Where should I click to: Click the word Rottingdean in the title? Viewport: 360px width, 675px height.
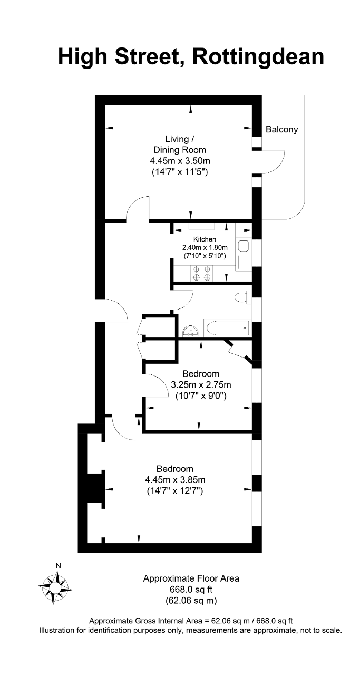[x=258, y=57]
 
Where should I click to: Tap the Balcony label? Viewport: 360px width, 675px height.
[x=281, y=129]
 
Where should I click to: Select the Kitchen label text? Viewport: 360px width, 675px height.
[x=205, y=239]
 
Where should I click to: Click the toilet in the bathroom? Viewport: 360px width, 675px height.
[x=241, y=297]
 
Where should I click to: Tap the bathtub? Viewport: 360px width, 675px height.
[x=227, y=328]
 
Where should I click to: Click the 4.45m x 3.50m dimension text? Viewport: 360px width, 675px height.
[x=180, y=161]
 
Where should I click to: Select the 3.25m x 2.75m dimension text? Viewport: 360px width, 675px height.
[x=201, y=384]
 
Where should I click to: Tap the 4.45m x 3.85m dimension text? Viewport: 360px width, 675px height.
[x=175, y=479]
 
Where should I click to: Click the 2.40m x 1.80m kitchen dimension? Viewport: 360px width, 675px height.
[x=205, y=248]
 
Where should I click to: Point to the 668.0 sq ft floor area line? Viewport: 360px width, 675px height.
[x=191, y=589]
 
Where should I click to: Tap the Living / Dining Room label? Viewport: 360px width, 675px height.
[x=180, y=144]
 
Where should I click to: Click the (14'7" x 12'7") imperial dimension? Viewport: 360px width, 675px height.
[x=175, y=491]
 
